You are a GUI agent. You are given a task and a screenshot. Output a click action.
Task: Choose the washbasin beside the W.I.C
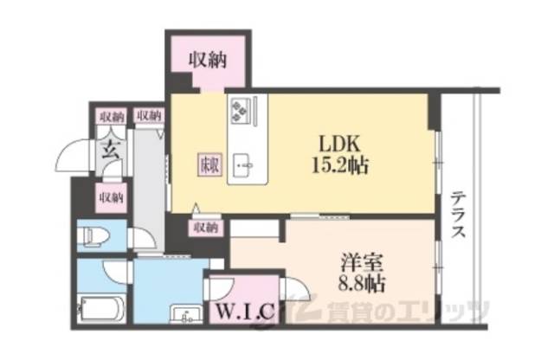(184, 314)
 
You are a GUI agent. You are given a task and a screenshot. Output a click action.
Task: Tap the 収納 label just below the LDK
(205, 228)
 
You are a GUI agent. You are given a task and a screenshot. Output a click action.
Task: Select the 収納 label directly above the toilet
(110, 196)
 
